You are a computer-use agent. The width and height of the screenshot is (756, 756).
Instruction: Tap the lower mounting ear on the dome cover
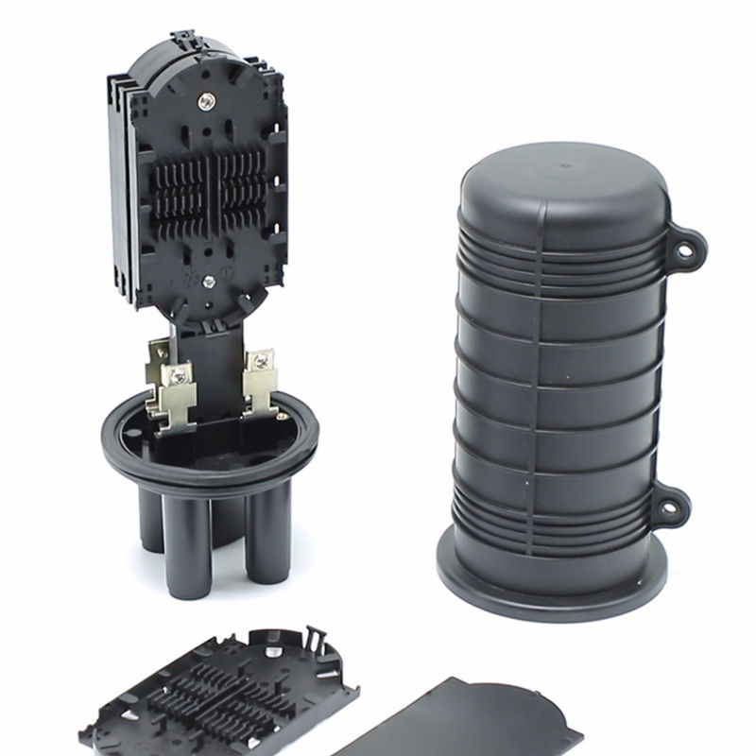pyautogui.click(x=670, y=507)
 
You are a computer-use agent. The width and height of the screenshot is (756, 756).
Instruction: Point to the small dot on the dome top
pyautogui.click(x=565, y=168)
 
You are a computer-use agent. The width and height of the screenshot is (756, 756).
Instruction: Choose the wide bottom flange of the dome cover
pyautogui.click(x=552, y=576)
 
